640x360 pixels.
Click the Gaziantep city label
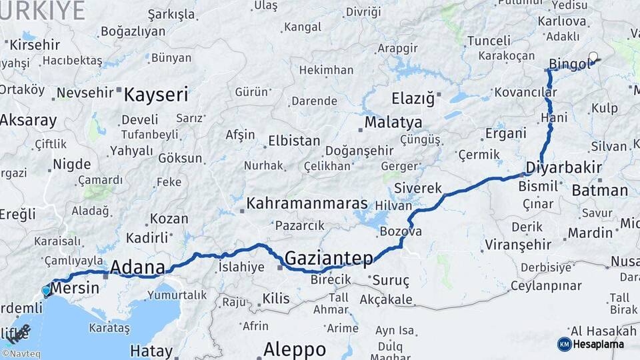tap(329, 257)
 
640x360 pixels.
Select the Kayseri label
tap(156, 94)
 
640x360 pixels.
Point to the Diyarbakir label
tap(564, 167)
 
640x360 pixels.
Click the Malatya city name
tap(393, 123)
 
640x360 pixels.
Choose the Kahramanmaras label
tap(307, 203)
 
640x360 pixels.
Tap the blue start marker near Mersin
tap(46, 291)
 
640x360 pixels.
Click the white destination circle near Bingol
tap(593, 57)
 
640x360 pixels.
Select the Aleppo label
tap(294, 349)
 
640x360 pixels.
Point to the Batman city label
tap(599, 191)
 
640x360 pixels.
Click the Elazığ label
tap(413, 99)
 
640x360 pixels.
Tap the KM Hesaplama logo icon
tap(564, 344)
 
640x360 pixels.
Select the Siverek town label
tap(418, 188)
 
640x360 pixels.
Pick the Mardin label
tap(590, 233)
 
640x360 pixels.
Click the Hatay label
tap(151, 350)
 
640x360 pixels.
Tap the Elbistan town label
tap(293, 141)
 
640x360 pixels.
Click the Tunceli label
tap(488, 41)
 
